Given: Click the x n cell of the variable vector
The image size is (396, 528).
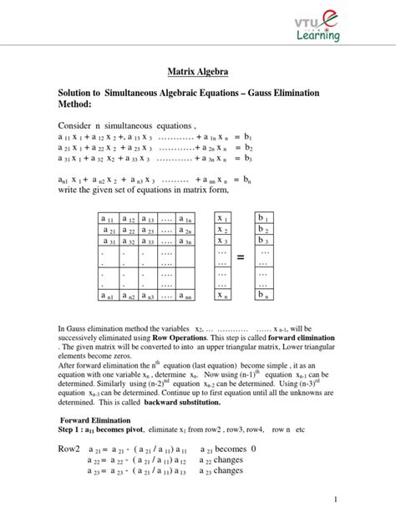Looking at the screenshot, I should (223, 294).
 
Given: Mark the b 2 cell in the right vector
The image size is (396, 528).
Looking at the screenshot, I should (264, 229).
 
